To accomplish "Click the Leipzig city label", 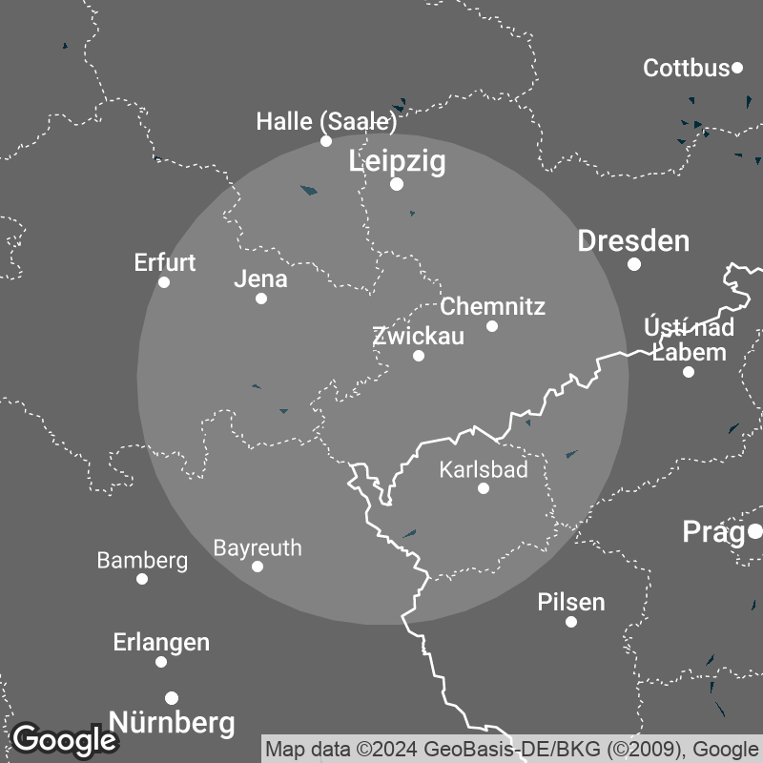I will tap(398, 161).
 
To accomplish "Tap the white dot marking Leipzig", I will tap(397, 184).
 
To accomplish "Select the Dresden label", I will tap(633, 241).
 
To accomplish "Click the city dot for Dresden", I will tap(634, 264).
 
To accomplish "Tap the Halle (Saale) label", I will tap(326, 121).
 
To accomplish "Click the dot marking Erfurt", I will tap(164, 282).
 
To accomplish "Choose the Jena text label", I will tap(260, 279).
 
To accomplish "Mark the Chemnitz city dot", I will tap(492, 326).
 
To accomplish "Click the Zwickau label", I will tap(418, 336).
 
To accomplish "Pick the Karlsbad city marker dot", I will tap(484, 488).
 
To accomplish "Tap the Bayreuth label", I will tap(258, 548).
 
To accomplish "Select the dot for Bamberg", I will tap(142, 579).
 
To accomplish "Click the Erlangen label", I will tap(161, 642).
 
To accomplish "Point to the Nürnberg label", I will tap(173, 722).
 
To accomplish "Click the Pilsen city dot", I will tap(571, 622).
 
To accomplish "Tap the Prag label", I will tap(714, 532).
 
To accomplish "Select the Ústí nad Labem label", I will tap(689, 340).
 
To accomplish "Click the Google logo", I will tap(64, 739).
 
